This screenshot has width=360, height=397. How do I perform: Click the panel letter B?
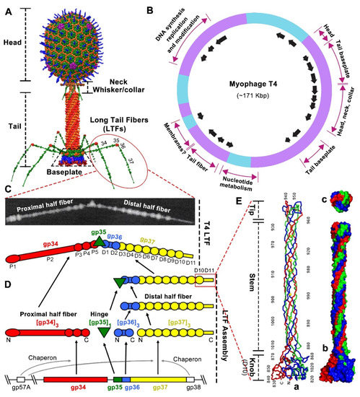click(x=150, y=13)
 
